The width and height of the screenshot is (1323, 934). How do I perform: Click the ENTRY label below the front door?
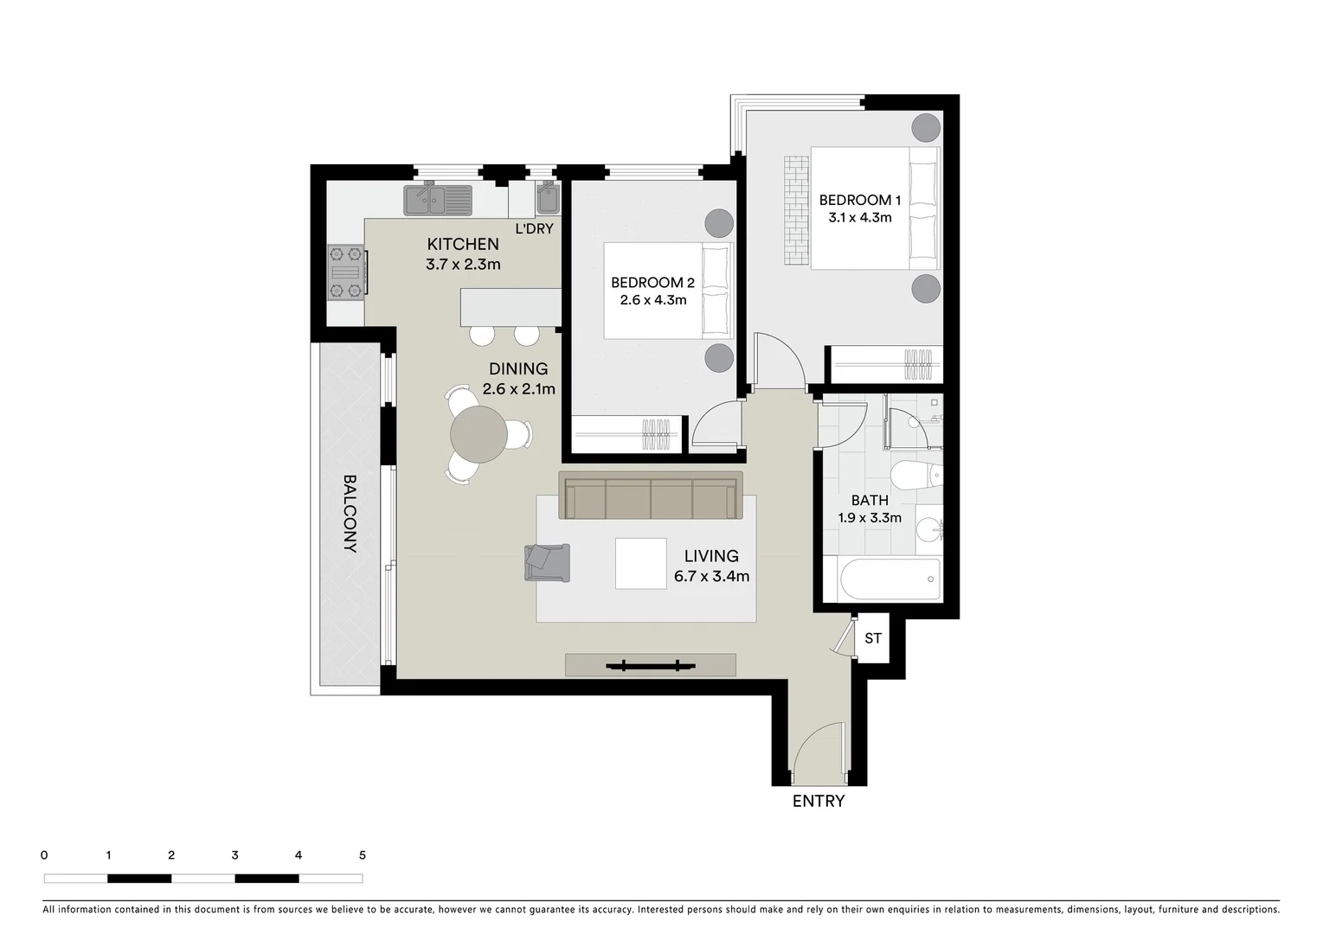pos(818,801)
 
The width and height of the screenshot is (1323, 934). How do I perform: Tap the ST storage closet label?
pos(873,638)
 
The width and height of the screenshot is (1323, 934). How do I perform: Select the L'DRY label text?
pos(534,229)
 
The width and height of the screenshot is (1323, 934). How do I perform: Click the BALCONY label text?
pos(350,513)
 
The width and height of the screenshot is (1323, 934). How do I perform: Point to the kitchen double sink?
pos(438,200)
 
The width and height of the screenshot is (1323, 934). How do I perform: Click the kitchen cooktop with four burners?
pos(346,272)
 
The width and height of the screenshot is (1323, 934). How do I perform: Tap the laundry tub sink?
pos(548,200)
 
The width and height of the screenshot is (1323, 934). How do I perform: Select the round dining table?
pos(478,434)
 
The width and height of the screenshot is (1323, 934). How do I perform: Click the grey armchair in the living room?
pos(547,562)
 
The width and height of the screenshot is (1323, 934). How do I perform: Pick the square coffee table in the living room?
pos(640,563)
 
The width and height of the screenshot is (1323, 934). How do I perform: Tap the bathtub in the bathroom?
pos(889,579)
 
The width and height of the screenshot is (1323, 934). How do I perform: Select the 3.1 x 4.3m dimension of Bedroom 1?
pos(859,218)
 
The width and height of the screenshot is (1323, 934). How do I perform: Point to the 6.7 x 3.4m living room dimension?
pos(711,577)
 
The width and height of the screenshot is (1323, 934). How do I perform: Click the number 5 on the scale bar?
pos(362,855)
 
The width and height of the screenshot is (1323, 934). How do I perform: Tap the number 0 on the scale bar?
pos(44,855)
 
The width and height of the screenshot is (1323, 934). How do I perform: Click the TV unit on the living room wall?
pos(650,665)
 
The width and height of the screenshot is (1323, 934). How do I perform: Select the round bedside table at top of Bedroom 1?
pos(926,128)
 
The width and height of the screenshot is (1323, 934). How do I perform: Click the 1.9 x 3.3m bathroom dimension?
pos(869,518)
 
